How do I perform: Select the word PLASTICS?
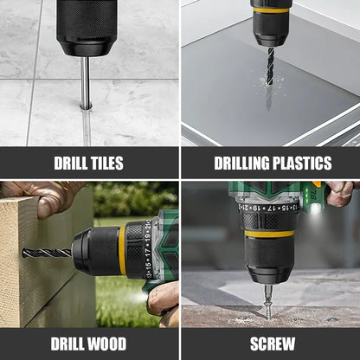(x=299, y=163)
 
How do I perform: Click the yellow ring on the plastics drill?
(x=271, y=10)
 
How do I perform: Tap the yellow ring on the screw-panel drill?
(x=269, y=233)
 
